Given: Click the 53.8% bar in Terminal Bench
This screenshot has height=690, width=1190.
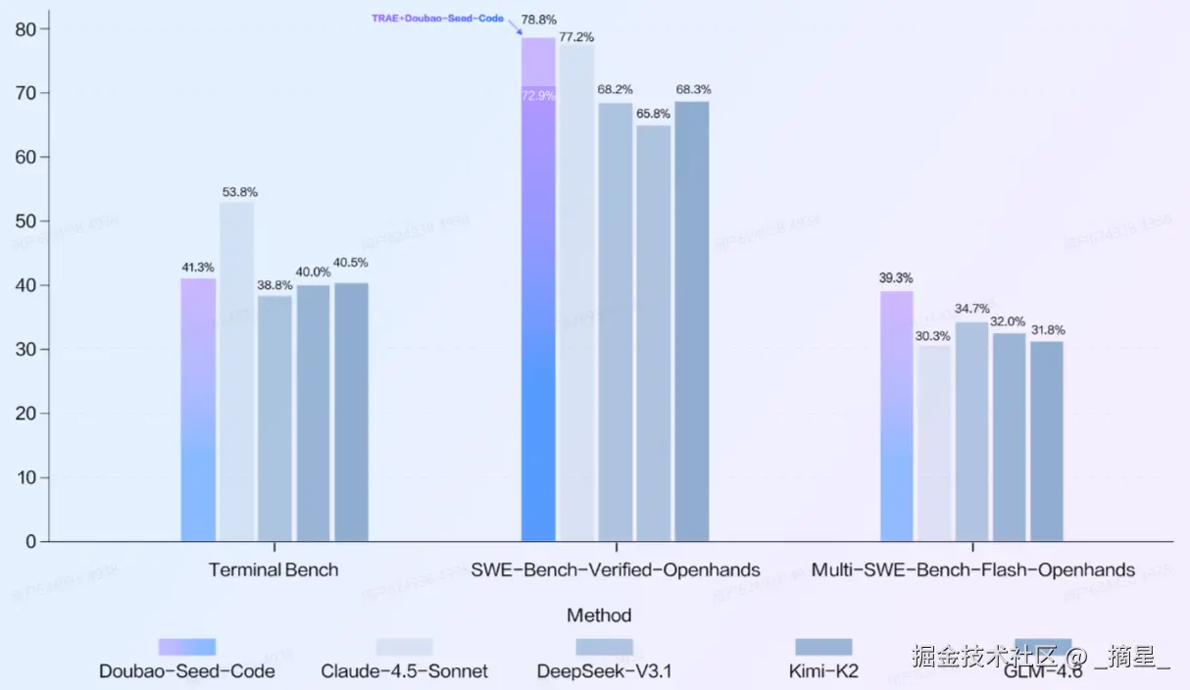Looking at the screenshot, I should click(x=236, y=372).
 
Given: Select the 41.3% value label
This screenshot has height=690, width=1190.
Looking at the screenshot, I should click(x=197, y=267).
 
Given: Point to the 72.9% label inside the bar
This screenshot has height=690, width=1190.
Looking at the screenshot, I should click(x=538, y=96).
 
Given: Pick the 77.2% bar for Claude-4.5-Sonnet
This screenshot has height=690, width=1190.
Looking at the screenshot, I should click(x=576, y=294).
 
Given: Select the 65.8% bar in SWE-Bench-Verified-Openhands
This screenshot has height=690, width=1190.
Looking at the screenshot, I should click(x=654, y=333).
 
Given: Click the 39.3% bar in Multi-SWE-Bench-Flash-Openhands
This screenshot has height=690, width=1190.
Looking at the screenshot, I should click(x=897, y=417).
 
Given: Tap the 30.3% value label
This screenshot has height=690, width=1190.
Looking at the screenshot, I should click(x=934, y=335).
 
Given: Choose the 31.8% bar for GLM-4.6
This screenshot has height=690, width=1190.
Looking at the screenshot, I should click(x=1047, y=441).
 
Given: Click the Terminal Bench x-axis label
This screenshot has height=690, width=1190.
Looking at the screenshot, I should click(x=273, y=569).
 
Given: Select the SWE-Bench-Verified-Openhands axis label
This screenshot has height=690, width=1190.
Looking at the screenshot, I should click(x=616, y=569).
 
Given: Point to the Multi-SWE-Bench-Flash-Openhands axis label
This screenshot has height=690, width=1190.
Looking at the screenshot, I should click(x=973, y=569).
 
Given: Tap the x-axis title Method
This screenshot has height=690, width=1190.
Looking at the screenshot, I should click(x=599, y=616).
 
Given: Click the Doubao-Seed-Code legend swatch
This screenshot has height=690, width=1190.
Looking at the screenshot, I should click(x=187, y=647).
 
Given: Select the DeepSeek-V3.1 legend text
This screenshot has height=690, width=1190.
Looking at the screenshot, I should click(x=605, y=671).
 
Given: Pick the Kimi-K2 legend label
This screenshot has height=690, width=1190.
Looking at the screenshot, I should click(x=823, y=671).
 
